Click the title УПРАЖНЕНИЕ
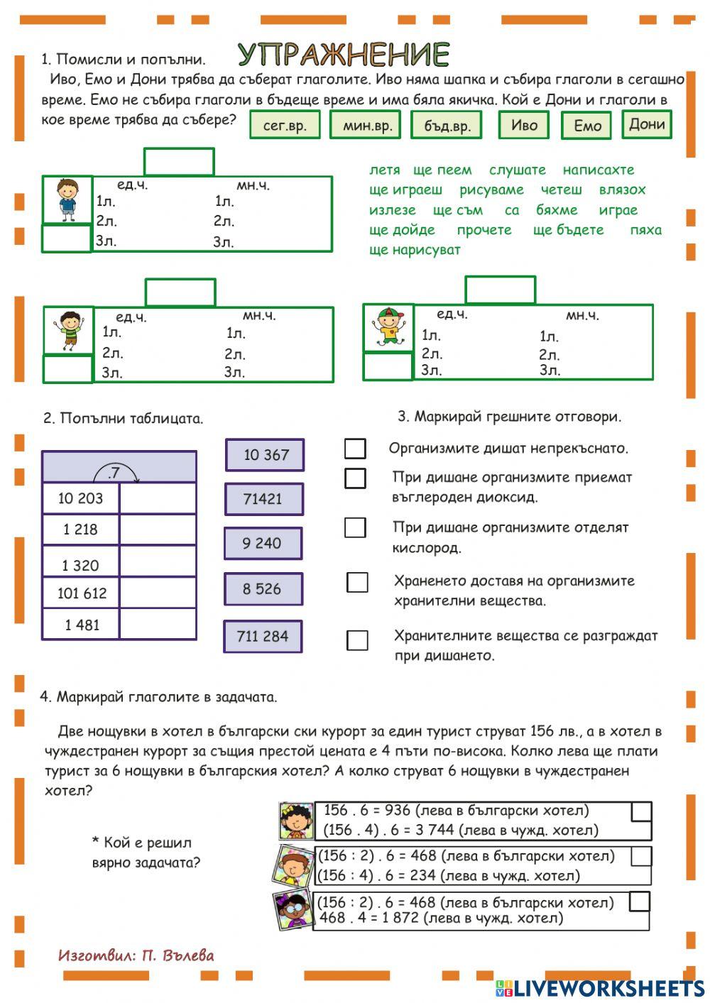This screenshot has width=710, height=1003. [x=344, y=54]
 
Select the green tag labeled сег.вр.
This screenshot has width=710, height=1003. [x=285, y=126]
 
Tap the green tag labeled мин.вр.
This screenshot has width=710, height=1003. [x=366, y=126]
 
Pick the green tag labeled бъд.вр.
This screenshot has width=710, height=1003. [x=447, y=126]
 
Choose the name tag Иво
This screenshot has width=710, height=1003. [x=524, y=125]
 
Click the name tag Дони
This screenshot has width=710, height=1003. [x=646, y=124]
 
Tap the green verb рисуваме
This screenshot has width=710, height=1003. [x=491, y=190]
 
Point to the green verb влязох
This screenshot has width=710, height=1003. [x=622, y=190]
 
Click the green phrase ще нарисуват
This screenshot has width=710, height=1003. [x=415, y=250]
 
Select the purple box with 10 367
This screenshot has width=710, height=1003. [x=265, y=455]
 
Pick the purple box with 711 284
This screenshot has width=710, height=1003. [x=263, y=636]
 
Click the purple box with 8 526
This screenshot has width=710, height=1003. [x=263, y=589]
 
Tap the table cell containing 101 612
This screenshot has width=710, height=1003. [x=81, y=593]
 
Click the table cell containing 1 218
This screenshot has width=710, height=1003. [x=81, y=530]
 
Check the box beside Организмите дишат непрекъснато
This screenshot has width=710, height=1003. [x=355, y=449]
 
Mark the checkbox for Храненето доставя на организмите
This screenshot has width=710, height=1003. [x=357, y=582]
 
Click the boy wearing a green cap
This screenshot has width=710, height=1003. [x=388, y=327]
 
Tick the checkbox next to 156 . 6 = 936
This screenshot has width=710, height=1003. [x=641, y=811]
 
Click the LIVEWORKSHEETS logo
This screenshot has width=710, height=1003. [x=600, y=988]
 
